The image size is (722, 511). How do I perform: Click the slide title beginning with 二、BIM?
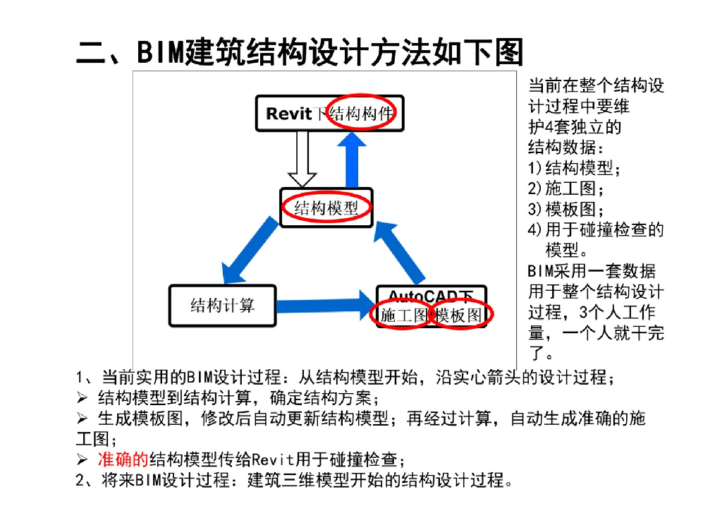click(x=300, y=52)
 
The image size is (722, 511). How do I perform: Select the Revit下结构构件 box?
click(x=329, y=113)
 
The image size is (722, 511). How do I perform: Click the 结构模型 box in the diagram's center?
click(x=326, y=208)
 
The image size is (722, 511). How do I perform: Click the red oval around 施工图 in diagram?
click(x=400, y=315)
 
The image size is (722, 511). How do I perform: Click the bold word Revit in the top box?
click(x=288, y=114)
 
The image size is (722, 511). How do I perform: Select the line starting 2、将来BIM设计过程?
click(x=293, y=481)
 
